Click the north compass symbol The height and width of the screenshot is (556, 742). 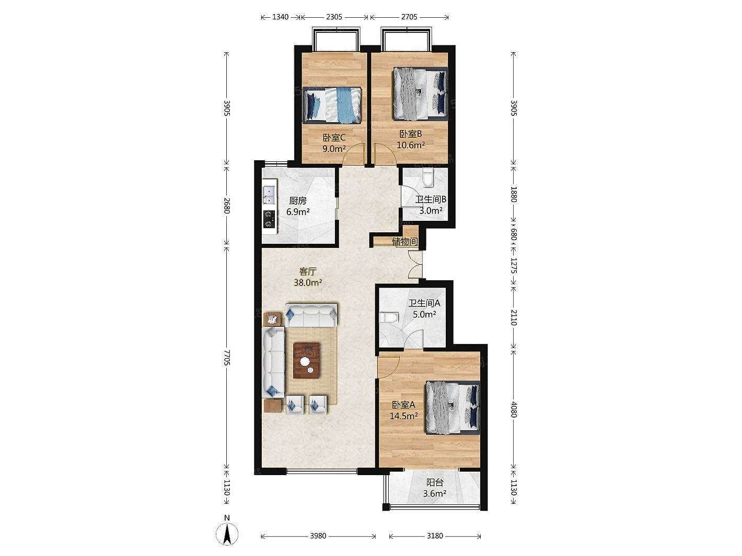pos(227,534)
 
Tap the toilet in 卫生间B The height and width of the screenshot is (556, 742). pos(427,179)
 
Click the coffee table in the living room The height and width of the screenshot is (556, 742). pos(307,360)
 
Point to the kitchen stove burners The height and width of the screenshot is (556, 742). pos(269,219)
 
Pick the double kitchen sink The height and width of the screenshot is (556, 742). pos(270,196)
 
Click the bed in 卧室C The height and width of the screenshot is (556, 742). pos(332,104)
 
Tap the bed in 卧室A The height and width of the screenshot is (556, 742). pos(453,407)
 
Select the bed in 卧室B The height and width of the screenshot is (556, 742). pos(420,94)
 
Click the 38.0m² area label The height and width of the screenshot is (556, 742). pos(307,282)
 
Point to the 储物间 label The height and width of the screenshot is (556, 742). pos(404,241)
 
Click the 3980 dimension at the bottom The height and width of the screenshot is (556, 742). pos(318,536)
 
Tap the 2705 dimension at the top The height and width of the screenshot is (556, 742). pos(409,17)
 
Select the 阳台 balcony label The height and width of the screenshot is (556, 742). pos(434,482)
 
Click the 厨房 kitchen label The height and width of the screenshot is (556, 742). pos(297,201)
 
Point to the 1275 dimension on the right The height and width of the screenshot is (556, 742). pos(514,266)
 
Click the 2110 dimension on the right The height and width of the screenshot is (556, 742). pos(514,317)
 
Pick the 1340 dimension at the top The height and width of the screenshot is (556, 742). pos(280,17)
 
